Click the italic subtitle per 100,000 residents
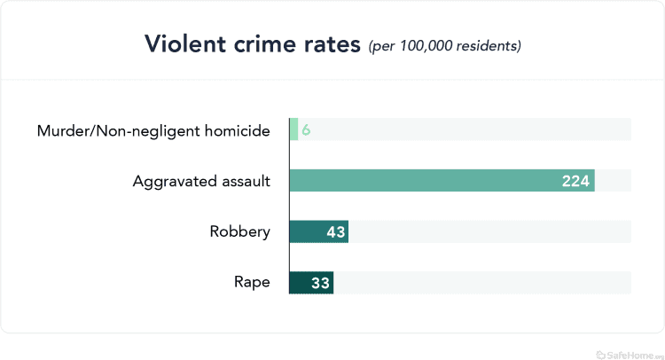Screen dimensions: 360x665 tap(444, 45)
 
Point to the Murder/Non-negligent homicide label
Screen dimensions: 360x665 tap(153, 130)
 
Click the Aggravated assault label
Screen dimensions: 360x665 tap(201, 181)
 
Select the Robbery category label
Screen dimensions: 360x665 tap(239, 231)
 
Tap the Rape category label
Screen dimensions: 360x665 tap(251, 282)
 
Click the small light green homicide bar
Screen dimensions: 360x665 tap(293, 130)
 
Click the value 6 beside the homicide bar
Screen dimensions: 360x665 tap(306, 130)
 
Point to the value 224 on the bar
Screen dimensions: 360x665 tap(576, 181)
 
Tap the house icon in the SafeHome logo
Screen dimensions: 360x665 tap(600, 352)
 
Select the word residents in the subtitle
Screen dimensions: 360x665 tap(489, 45)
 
